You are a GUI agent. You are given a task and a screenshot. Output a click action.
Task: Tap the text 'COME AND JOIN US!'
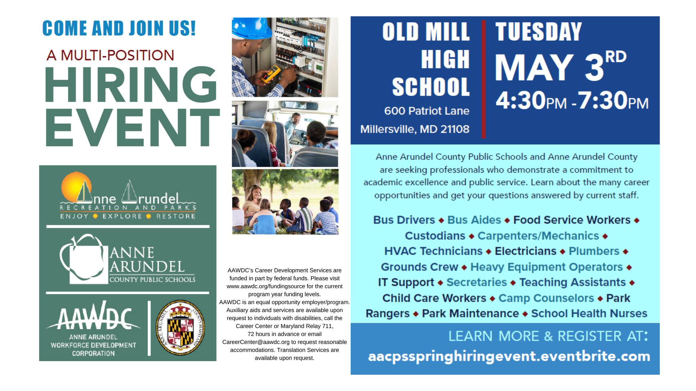[119, 28]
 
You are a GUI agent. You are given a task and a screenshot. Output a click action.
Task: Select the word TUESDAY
[539, 32]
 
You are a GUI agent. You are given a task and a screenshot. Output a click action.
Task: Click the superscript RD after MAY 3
[616, 57]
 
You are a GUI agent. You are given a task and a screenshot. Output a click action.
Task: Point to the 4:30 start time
[520, 100]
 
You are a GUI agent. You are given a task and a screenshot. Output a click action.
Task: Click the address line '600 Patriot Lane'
[427, 111]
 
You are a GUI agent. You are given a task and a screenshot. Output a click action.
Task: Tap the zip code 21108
[455, 129]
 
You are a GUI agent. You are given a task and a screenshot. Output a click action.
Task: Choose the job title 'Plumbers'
[594, 251]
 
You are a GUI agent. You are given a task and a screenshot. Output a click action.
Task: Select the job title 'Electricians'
[525, 251]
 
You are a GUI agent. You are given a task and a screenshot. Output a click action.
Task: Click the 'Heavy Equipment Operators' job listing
[546, 267]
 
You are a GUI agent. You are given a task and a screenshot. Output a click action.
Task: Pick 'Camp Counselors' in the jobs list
[546, 298]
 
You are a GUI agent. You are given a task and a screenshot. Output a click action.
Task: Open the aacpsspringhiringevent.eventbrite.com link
[509, 357]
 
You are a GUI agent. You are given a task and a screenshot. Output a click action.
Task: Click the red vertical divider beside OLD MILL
[483, 79]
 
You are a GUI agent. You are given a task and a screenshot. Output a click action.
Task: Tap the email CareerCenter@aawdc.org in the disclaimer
[256, 342]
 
